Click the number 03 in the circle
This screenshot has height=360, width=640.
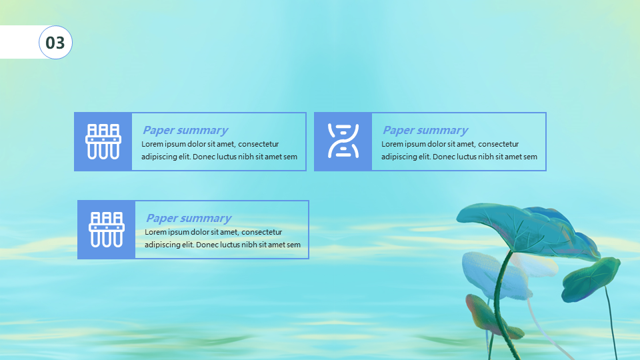(55, 43)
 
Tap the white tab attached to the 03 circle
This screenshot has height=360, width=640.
(20, 42)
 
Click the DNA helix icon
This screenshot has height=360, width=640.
(343, 141)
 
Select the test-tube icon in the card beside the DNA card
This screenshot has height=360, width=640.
(103, 141)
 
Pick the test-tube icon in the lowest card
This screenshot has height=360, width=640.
(107, 229)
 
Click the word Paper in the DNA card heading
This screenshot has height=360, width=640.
(399, 130)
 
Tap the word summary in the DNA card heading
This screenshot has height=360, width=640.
(443, 131)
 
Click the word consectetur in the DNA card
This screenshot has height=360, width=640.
(499, 144)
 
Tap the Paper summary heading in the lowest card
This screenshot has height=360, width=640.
(189, 219)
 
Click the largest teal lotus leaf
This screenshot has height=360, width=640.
(531, 229)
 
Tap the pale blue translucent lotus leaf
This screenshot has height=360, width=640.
(494, 273)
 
